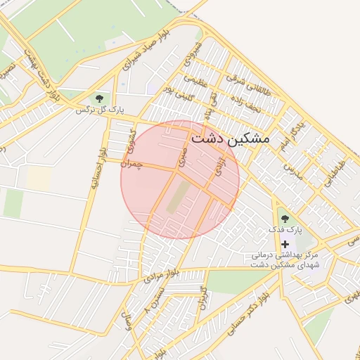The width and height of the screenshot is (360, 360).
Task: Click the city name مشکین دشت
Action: coord(230,138)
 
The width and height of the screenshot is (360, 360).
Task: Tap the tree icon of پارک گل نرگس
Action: coord(98,98)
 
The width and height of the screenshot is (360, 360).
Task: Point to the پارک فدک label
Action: coord(288,230)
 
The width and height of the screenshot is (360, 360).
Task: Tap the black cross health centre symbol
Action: coord(285,243)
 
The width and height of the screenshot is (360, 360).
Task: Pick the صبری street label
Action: coord(183,156)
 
